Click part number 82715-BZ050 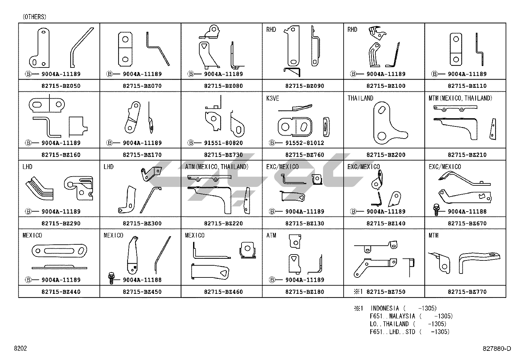(x=61, y=86)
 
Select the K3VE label (x=273, y=98)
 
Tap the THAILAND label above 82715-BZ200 (x=360, y=98)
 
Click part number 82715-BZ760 (x=304, y=155)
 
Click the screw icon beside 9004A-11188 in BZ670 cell (x=436, y=209)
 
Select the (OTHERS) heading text (x=34, y=17)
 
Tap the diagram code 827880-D (x=496, y=349)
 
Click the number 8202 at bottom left (x=20, y=348)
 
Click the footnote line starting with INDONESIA (x=403, y=308)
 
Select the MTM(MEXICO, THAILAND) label (x=460, y=98)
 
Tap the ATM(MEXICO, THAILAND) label (x=217, y=167)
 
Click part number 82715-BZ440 (x=61, y=292)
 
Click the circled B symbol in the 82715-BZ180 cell (x=272, y=280)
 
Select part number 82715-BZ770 (x=467, y=292)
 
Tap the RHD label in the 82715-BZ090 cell (x=271, y=29)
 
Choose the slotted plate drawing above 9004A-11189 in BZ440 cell (x=59, y=251)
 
